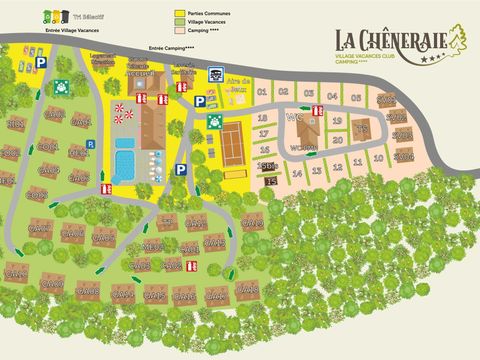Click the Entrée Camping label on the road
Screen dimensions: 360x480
171,48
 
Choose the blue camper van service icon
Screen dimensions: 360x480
214,77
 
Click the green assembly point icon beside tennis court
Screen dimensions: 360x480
213,121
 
